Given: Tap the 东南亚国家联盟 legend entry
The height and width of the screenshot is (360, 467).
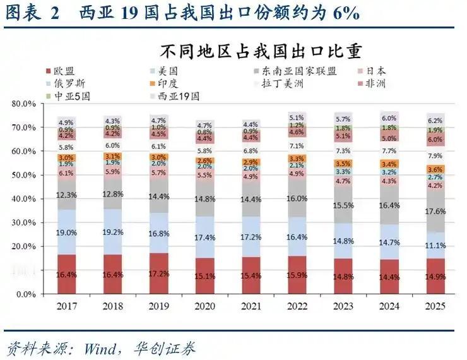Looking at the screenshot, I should pyautogui.click(x=297, y=71).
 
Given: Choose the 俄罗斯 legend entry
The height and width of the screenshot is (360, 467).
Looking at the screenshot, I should pyautogui.click(x=69, y=83).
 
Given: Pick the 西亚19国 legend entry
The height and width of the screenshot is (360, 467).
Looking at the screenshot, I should pyautogui.click(x=179, y=95).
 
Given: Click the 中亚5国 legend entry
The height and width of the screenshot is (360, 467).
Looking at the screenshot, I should pyautogui.click(x=69, y=95).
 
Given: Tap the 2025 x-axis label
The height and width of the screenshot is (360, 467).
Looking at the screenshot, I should pyautogui.click(x=435, y=306).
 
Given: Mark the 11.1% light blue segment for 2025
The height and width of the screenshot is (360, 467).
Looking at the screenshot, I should pyautogui.click(x=435, y=245).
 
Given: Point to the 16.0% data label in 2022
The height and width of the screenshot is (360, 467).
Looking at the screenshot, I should pyautogui.click(x=297, y=198).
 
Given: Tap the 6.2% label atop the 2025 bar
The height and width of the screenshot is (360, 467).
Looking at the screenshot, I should pyautogui.click(x=435, y=121).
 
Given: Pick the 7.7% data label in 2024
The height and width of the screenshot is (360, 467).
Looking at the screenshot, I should pyautogui.click(x=389, y=151).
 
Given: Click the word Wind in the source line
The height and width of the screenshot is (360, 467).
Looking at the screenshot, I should pyautogui.click(x=94, y=347).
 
